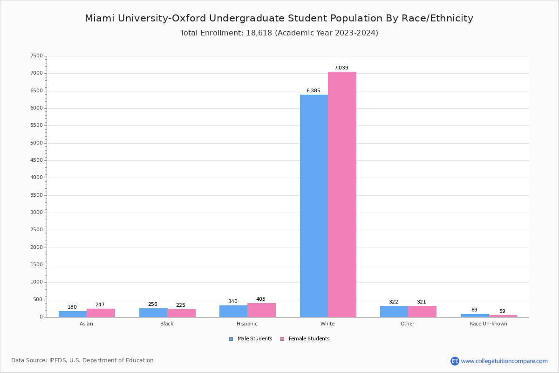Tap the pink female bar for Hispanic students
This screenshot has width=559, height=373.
[x=261, y=310]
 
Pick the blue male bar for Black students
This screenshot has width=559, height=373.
[x=153, y=312]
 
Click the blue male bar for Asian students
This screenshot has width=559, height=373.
[x=73, y=314]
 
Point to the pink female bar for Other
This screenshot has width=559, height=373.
[x=422, y=311]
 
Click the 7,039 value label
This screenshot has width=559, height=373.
[x=341, y=68]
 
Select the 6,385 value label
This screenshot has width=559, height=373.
[x=313, y=91]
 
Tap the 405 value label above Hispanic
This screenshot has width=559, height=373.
[x=260, y=299]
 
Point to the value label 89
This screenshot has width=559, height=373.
[x=474, y=310]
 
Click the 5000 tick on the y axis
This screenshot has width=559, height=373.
[x=36, y=143]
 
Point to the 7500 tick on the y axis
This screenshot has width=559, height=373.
[x=36, y=56]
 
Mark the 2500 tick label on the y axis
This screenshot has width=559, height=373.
[x=36, y=230]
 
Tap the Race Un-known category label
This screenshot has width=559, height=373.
[x=488, y=324]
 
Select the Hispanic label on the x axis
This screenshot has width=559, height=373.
[x=247, y=324]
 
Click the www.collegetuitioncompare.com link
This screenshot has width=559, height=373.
[x=504, y=361]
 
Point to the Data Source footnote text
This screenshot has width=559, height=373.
[x=82, y=360]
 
